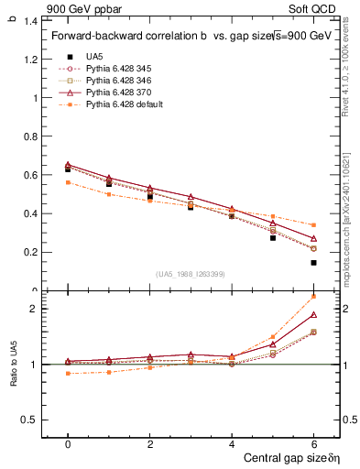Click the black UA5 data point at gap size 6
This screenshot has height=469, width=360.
[x=313, y=263]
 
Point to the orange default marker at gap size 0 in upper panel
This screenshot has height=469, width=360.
[x=68, y=182]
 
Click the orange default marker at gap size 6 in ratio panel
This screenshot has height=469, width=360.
[x=313, y=296]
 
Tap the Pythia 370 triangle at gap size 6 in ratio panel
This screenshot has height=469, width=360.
[x=313, y=315]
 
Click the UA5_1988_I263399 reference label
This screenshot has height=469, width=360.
[x=191, y=274]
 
